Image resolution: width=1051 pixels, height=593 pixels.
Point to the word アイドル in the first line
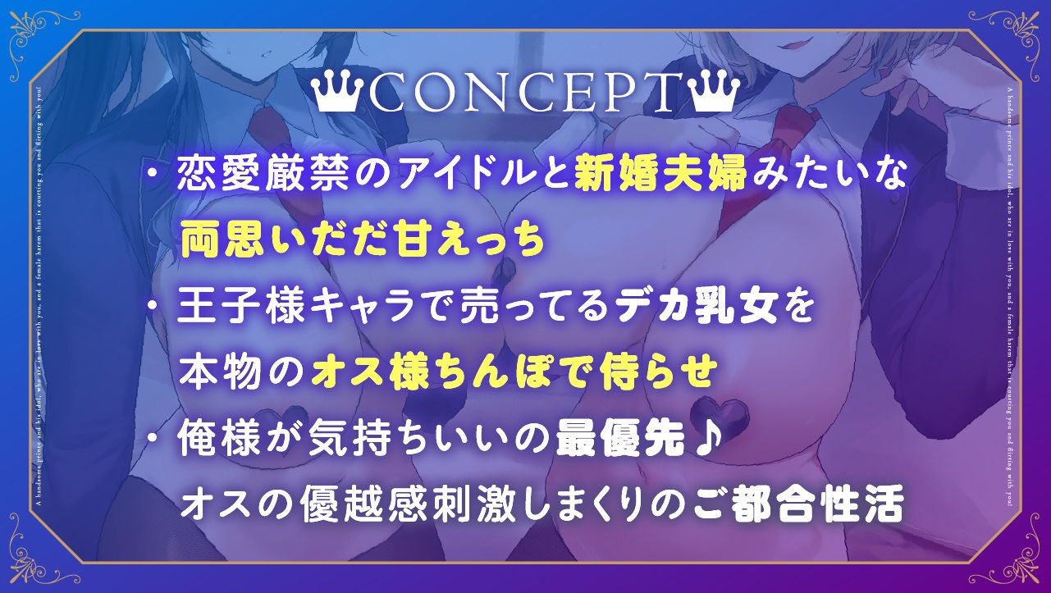459,177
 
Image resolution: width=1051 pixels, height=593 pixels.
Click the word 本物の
241,376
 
